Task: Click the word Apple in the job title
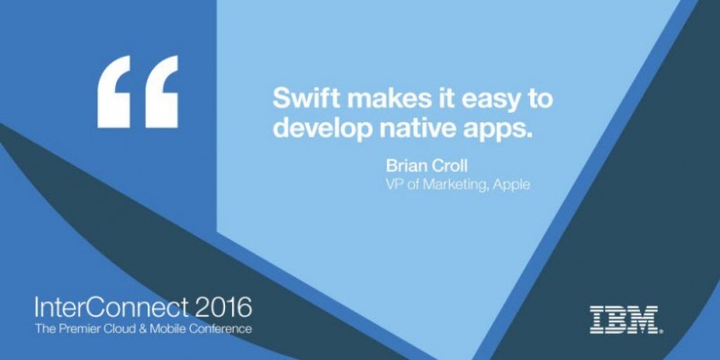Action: [512, 185]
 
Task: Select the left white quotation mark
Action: [113, 92]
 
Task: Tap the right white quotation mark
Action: [162, 92]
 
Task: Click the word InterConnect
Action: [111, 307]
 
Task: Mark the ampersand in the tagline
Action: [138, 328]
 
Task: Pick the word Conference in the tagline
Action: [222, 328]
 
